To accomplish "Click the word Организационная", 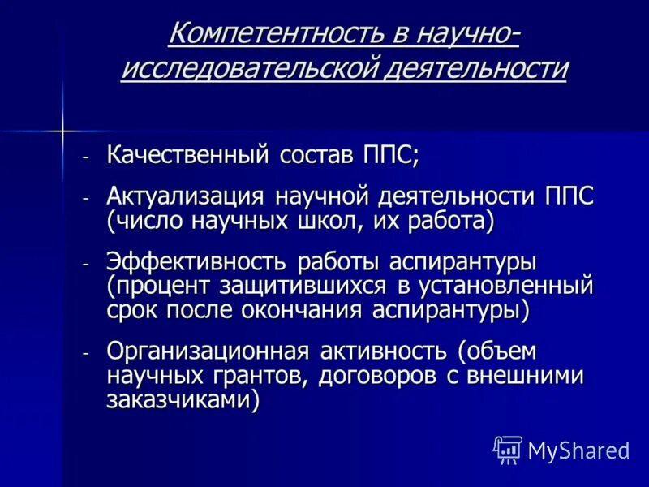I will pos(208,353).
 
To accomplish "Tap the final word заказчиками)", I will pos(183,399).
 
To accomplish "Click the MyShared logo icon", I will pos(508,450).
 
